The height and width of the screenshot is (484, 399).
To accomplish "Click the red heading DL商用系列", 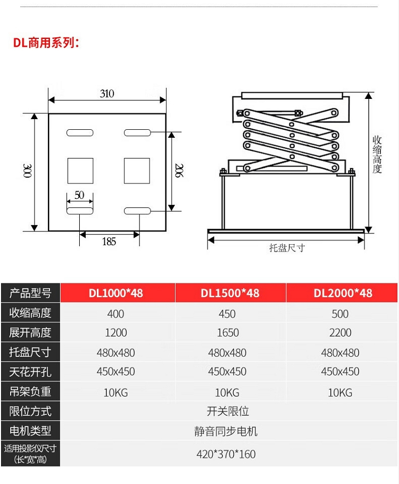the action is click(x=46, y=43).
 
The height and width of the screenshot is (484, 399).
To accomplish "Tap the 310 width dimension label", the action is click(x=107, y=94).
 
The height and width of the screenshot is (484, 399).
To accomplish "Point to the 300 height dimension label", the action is click(x=28, y=171).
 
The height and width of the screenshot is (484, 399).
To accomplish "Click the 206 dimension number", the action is click(x=179, y=170).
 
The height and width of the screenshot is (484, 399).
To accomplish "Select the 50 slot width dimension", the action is click(x=79, y=195).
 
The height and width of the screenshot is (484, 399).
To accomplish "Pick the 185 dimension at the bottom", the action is click(x=109, y=241).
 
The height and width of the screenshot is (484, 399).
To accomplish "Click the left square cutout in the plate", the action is click(x=80, y=171).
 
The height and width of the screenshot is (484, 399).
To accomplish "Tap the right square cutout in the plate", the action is click(x=137, y=171).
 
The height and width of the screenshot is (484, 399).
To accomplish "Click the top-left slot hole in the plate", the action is click(x=80, y=133).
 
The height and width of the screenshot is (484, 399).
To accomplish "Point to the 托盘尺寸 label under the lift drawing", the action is click(x=287, y=248).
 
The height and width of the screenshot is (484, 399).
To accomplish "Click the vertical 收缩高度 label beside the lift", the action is click(x=377, y=154).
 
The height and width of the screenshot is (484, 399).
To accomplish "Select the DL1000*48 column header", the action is click(x=116, y=293).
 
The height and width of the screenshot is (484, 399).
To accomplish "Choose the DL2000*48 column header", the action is click(x=343, y=293).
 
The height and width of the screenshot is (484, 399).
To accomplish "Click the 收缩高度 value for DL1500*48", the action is click(x=227, y=314).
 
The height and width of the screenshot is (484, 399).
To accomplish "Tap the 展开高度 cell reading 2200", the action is click(x=340, y=333).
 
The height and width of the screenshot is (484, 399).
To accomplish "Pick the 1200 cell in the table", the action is click(x=116, y=333).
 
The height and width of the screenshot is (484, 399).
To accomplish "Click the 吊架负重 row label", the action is click(x=30, y=391).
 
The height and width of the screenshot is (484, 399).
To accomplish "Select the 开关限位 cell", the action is click(x=228, y=411).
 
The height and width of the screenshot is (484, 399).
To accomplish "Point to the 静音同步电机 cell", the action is click(x=226, y=431).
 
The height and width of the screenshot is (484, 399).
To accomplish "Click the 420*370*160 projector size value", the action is click(x=226, y=454).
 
